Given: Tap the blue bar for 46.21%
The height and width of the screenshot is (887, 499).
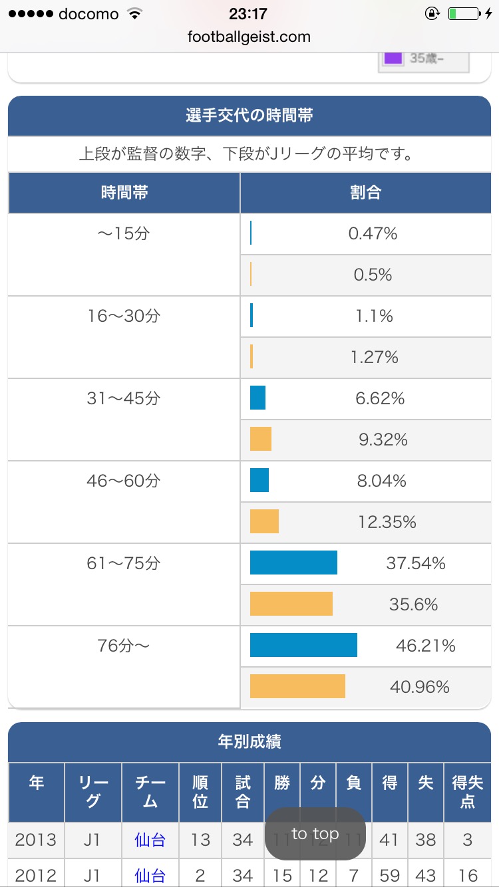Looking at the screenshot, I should pos(303,645).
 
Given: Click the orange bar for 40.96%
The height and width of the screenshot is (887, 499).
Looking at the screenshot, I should pos(297,686).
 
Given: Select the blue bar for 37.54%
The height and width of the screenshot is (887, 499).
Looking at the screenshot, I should pos(293,563).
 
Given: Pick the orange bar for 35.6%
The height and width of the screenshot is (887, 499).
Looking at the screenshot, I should pos(291,604).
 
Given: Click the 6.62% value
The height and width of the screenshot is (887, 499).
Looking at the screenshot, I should pos(380,398).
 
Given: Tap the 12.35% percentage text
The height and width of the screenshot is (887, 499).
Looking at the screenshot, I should pos(387,522).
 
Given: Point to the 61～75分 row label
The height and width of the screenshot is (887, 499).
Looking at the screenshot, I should pos(124,563).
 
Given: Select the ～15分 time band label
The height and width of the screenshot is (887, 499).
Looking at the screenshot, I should pos(124,233).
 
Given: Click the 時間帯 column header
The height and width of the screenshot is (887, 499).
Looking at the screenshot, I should pos(124,193).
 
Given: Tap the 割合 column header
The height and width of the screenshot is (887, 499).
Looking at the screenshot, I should pos(365,193).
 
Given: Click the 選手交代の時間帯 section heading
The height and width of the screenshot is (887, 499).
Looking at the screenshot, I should pos(249,116).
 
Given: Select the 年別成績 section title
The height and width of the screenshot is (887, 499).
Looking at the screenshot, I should pos(249,742).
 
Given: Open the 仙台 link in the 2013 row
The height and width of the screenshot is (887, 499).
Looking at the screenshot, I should pos(150,840).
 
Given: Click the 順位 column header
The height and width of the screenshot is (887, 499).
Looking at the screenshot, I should pos(200,792).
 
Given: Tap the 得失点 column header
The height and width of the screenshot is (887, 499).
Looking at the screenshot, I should pos(467,792).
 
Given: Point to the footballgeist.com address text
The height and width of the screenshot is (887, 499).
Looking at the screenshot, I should pos(249,37).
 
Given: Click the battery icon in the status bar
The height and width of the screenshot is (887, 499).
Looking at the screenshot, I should pos(463,14).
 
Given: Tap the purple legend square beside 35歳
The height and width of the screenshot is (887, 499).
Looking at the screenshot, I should pos(393,57).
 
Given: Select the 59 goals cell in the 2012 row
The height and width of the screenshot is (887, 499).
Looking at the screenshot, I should pos(389,875).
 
